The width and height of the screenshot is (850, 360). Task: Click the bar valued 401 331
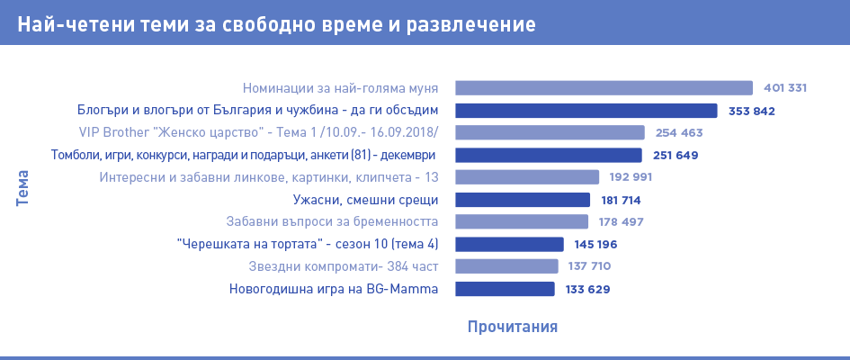pyautogui.click(x=604, y=88)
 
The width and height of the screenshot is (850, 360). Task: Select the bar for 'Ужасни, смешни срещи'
pyautogui.click(x=523, y=200)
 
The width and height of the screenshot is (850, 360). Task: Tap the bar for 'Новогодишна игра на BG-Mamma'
pyautogui.click(x=505, y=289)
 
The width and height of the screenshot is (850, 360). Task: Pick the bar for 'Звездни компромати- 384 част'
pyautogui.click(x=506, y=266)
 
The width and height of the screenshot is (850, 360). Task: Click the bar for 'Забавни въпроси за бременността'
pyautogui.click(x=522, y=221)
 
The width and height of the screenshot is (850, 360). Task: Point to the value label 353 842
pyautogui.click(x=751, y=112)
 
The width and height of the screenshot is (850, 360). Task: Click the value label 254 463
pyautogui.click(x=678, y=133)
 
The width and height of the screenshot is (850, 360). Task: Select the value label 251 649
pyautogui.click(x=676, y=155)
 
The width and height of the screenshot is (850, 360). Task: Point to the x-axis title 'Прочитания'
pyautogui.click(x=513, y=326)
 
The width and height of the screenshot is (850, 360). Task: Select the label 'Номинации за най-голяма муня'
pyautogui.click(x=340, y=88)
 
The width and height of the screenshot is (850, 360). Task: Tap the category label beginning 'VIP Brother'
pyautogui.click(x=258, y=133)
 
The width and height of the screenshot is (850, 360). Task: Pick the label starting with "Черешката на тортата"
pyautogui.click(x=308, y=245)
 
